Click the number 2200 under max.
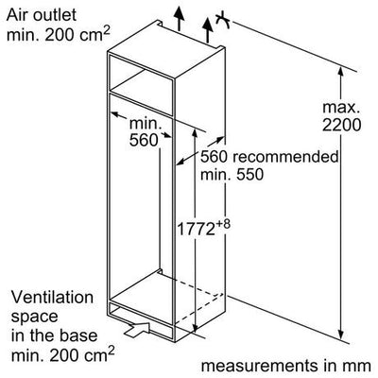(341, 126)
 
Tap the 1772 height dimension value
(196, 229)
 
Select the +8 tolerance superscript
(223, 225)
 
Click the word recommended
(285, 157)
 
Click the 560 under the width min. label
(144, 140)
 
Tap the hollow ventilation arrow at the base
(137, 329)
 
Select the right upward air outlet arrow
(208, 30)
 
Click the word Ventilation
(52, 298)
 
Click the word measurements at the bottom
(259, 366)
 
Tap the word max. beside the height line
(341, 108)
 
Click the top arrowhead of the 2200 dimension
(340, 72)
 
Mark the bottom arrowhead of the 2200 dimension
(340, 334)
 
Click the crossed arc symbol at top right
(224, 20)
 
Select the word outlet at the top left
(55, 14)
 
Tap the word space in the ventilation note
(34, 318)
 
